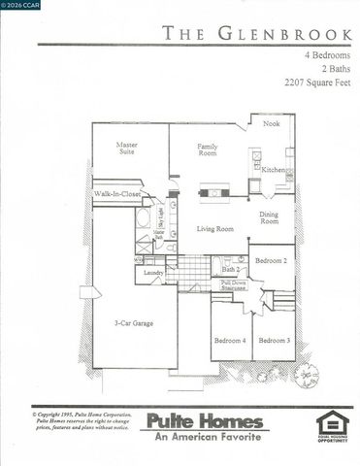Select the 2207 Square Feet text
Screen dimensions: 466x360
coord(312,83)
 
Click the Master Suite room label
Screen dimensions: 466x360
coord(129,150)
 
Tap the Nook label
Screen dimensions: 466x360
coord(272,124)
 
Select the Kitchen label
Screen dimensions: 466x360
coord(272,170)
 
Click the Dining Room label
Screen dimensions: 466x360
coord(269,217)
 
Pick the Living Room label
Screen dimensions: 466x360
coord(215,229)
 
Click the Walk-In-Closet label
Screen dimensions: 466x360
coord(115,195)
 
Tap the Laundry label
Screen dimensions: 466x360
coord(152,273)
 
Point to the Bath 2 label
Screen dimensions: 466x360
coord(229,268)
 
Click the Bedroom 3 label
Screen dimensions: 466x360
coord(275,340)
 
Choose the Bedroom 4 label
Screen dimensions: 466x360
coord(230,340)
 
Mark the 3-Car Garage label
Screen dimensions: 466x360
coord(133,322)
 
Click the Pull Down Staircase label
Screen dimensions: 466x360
coord(234,284)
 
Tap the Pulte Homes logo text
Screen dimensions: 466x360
coord(203,420)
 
